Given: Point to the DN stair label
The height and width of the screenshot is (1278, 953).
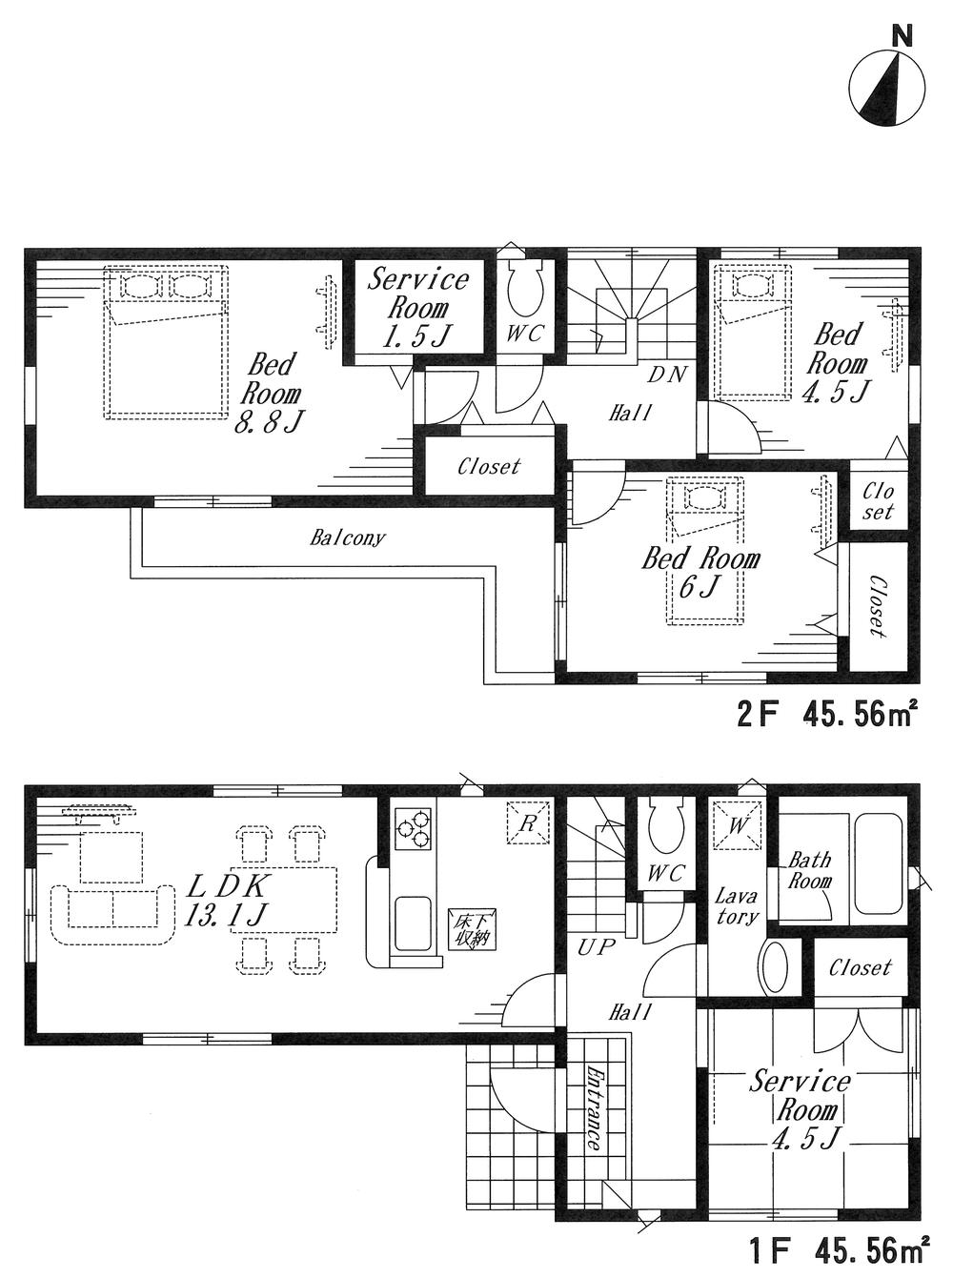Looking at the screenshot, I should (667, 375).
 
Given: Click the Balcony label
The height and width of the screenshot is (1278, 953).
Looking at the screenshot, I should (348, 538).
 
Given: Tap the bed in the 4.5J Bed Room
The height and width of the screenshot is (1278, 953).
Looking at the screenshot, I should (753, 334).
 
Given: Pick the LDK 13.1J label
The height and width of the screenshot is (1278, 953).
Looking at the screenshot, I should (229, 899).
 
